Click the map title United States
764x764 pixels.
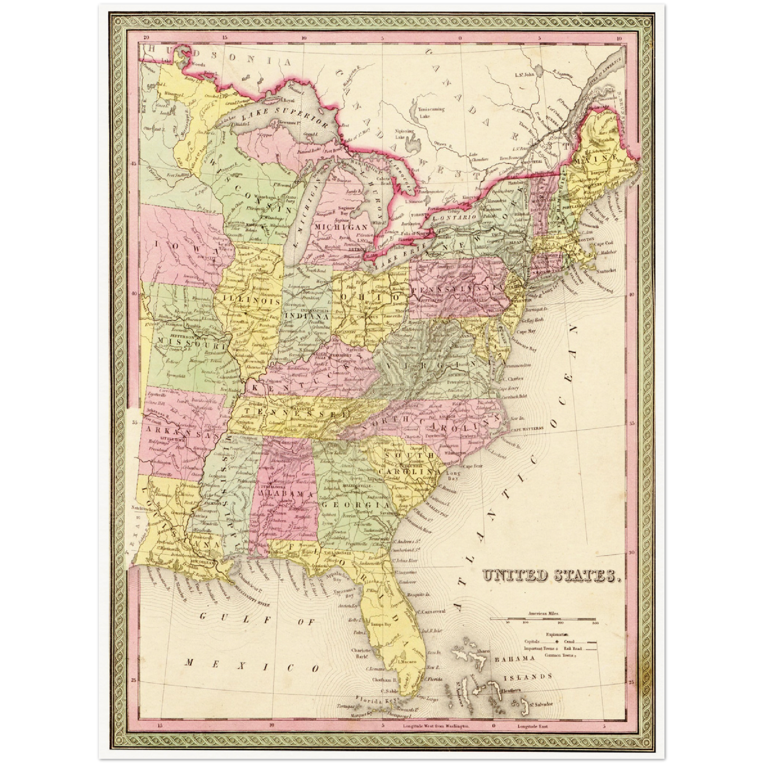click(x=550, y=576)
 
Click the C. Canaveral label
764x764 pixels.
click(x=431, y=611)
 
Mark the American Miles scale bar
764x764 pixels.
click(x=543, y=619)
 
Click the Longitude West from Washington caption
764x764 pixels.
click(x=436, y=726)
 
